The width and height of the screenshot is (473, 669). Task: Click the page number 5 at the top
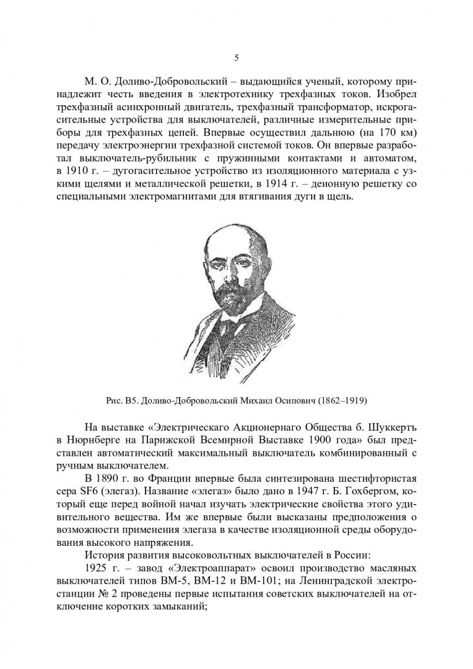click(x=236, y=58)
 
